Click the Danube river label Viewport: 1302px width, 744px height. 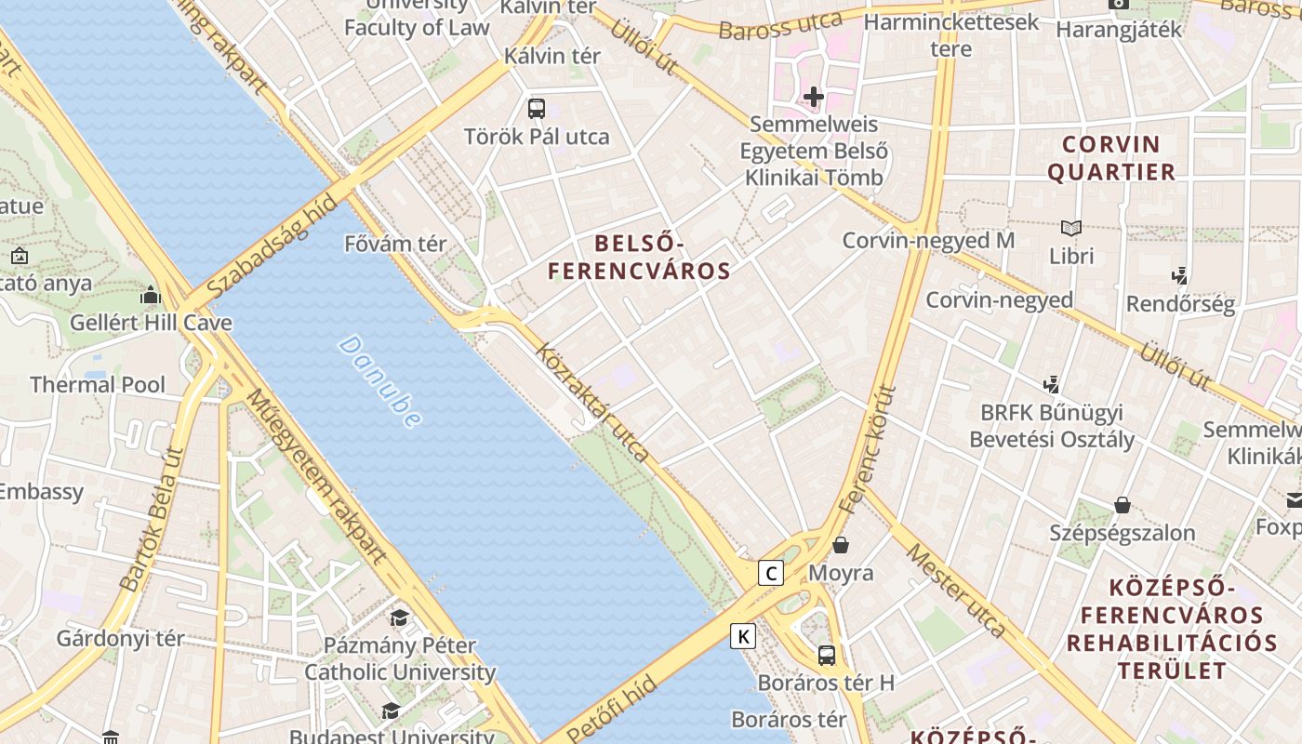pyautogui.click(x=379, y=381)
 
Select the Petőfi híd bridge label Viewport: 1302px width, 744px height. pyautogui.click(x=612, y=710)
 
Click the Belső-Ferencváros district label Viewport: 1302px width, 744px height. pyautogui.click(x=639, y=258)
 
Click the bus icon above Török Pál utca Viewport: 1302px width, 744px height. pyautogui.click(x=537, y=108)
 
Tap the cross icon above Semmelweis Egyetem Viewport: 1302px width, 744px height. pyautogui.click(x=814, y=96)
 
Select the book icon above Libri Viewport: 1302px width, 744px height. pyautogui.click(x=1071, y=228)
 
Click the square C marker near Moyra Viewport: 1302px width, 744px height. pyautogui.click(x=770, y=573)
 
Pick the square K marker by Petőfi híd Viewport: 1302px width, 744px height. pyautogui.click(x=742, y=636)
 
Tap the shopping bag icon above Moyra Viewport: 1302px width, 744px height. pyautogui.click(x=841, y=545)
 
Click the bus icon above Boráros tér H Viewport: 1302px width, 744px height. pyautogui.click(x=826, y=655)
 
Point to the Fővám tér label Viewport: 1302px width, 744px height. pyautogui.click(x=395, y=244)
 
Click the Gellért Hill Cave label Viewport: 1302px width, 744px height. pyautogui.click(x=152, y=323)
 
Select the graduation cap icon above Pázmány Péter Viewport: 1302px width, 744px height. pyautogui.click(x=399, y=618)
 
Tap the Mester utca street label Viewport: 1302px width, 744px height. pyautogui.click(x=955, y=590)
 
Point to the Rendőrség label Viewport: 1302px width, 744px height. pyautogui.click(x=1180, y=303)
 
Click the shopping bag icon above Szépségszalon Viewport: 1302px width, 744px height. pyautogui.click(x=1123, y=505)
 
